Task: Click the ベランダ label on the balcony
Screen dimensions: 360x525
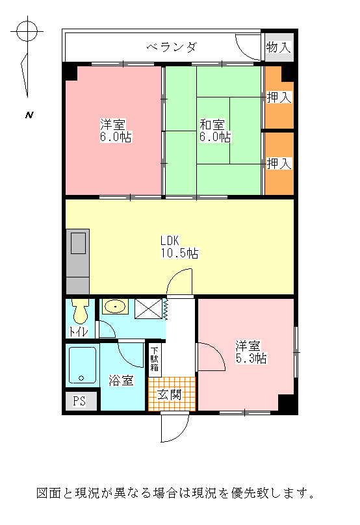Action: [x=172, y=47]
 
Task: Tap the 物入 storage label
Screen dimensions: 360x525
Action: [x=279, y=47]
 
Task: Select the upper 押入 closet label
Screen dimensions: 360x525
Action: [x=279, y=97]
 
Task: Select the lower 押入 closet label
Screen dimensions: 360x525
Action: [x=279, y=163]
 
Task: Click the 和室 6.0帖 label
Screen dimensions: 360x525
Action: [x=215, y=131]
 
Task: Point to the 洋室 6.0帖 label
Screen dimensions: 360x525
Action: [x=116, y=131]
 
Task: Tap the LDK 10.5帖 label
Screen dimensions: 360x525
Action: [x=179, y=247]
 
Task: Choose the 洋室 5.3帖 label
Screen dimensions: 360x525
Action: [x=251, y=352]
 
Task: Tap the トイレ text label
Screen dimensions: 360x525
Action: [x=79, y=331]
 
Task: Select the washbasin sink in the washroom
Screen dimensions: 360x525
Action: [x=115, y=306]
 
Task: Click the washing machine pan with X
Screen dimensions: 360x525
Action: [x=148, y=309]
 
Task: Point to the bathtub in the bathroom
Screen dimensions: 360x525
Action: [x=83, y=365]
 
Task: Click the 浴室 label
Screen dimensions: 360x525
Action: [x=122, y=380]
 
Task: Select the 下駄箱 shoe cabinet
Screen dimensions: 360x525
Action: [x=155, y=359]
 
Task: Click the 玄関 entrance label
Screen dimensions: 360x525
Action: [x=170, y=395]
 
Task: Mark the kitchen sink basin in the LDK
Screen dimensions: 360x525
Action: [x=79, y=244]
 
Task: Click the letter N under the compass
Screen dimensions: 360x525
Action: [x=29, y=115]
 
